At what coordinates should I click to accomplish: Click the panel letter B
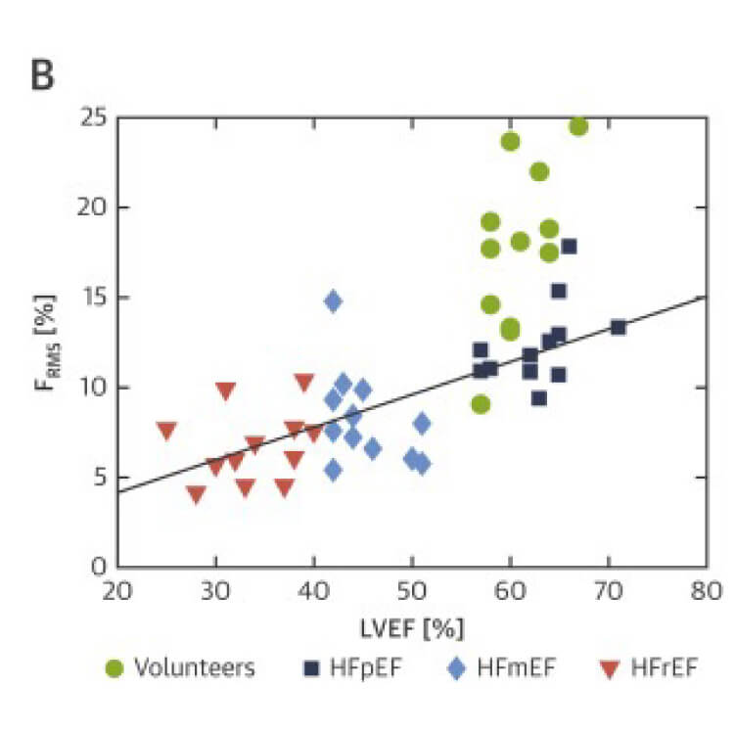tap(43, 75)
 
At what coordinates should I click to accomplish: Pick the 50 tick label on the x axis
tap(412, 592)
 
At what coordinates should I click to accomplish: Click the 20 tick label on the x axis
tap(117, 592)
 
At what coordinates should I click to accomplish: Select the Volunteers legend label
tap(195, 668)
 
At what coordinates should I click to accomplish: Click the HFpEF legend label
tap(365, 668)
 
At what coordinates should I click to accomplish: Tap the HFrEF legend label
tap(665, 668)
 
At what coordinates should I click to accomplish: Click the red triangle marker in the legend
tap(612, 669)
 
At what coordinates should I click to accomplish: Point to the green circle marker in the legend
tap(115, 668)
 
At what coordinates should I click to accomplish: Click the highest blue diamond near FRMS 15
tap(334, 301)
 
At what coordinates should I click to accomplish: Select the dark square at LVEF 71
tap(619, 327)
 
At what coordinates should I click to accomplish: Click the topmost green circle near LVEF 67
tap(578, 126)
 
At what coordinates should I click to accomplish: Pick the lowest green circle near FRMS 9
tap(481, 404)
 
